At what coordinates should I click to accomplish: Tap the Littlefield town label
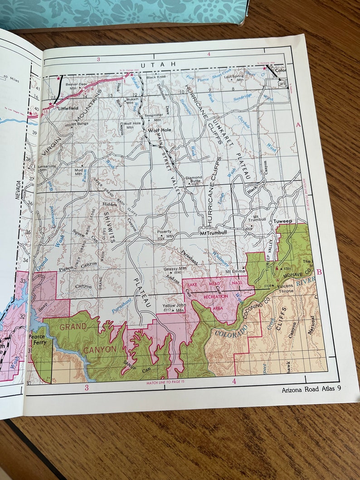[x=68, y=108]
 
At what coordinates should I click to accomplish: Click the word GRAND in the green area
[x=73, y=326]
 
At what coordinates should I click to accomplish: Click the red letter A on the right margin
[x=298, y=125]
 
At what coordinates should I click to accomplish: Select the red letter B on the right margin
[x=319, y=272]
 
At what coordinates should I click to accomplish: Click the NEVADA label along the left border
[x=19, y=191]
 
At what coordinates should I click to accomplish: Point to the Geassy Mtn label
[x=171, y=270]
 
